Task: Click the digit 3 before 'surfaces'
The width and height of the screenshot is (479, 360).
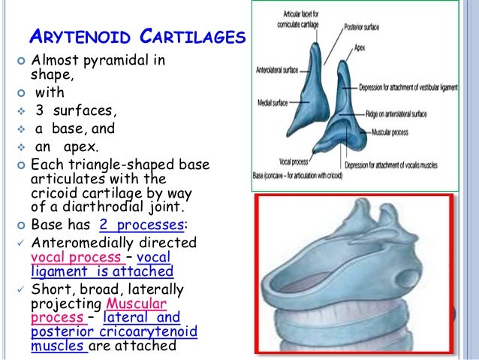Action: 39,110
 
